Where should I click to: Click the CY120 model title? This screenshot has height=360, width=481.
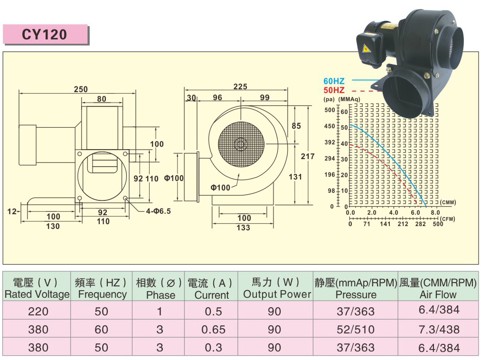[x=45, y=34]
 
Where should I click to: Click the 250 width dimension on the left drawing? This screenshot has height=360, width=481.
[x=81, y=89]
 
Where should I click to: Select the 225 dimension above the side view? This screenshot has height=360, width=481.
[x=240, y=87]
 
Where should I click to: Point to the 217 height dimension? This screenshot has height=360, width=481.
[x=307, y=157]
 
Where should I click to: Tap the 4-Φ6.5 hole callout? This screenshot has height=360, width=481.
[x=158, y=211]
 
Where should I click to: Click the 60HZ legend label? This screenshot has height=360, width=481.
[x=334, y=81]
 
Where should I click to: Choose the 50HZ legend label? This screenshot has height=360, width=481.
[x=334, y=90]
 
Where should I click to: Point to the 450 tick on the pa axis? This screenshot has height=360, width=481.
[x=330, y=126]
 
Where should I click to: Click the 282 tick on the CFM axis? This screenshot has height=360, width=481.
[x=421, y=224]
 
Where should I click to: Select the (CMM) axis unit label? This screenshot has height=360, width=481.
[x=448, y=202]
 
